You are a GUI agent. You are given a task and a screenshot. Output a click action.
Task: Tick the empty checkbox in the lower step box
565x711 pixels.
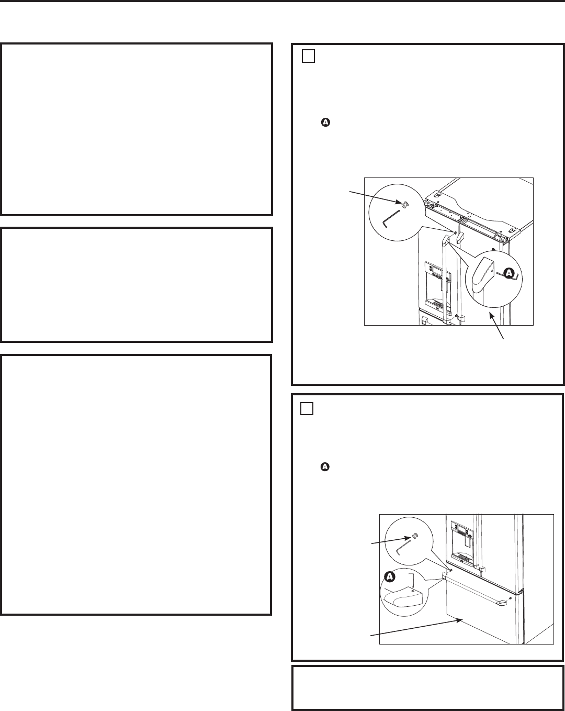pyautogui.click(x=307, y=408)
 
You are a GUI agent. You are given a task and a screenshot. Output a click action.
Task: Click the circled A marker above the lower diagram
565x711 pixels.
pyautogui.click(x=325, y=465)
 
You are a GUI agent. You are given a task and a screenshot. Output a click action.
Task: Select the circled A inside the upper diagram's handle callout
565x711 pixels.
pyautogui.click(x=507, y=272)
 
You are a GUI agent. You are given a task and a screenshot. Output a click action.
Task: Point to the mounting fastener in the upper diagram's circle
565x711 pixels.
pyautogui.click(x=404, y=204)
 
